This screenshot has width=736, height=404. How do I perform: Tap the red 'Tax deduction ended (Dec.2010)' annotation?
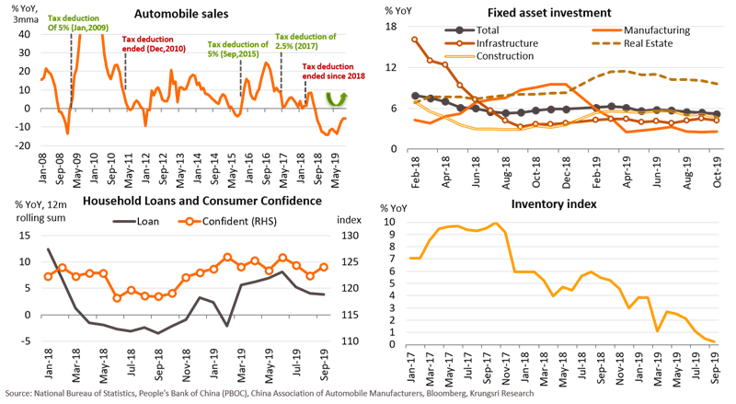pos(154,44)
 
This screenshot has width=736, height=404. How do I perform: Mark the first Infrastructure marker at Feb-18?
pos(416,40)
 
